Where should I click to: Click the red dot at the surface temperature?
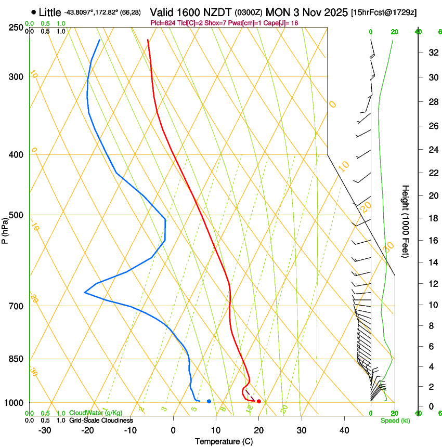click(x=259, y=401)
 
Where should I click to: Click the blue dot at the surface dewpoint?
click(x=209, y=401)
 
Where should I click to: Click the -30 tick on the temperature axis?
click(x=45, y=430)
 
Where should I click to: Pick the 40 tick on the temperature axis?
click(x=344, y=430)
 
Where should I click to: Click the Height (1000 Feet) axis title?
click(x=406, y=221)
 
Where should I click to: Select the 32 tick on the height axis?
click(x=432, y=52)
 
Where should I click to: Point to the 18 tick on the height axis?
click(x=432, y=218)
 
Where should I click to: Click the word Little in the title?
click(x=50, y=12)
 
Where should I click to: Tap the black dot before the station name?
click(x=34, y=11)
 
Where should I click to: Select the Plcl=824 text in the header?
click(x=164, y=23)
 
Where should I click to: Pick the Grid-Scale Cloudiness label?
click(x=101, y=420)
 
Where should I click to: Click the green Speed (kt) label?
click(x=395, y=420)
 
